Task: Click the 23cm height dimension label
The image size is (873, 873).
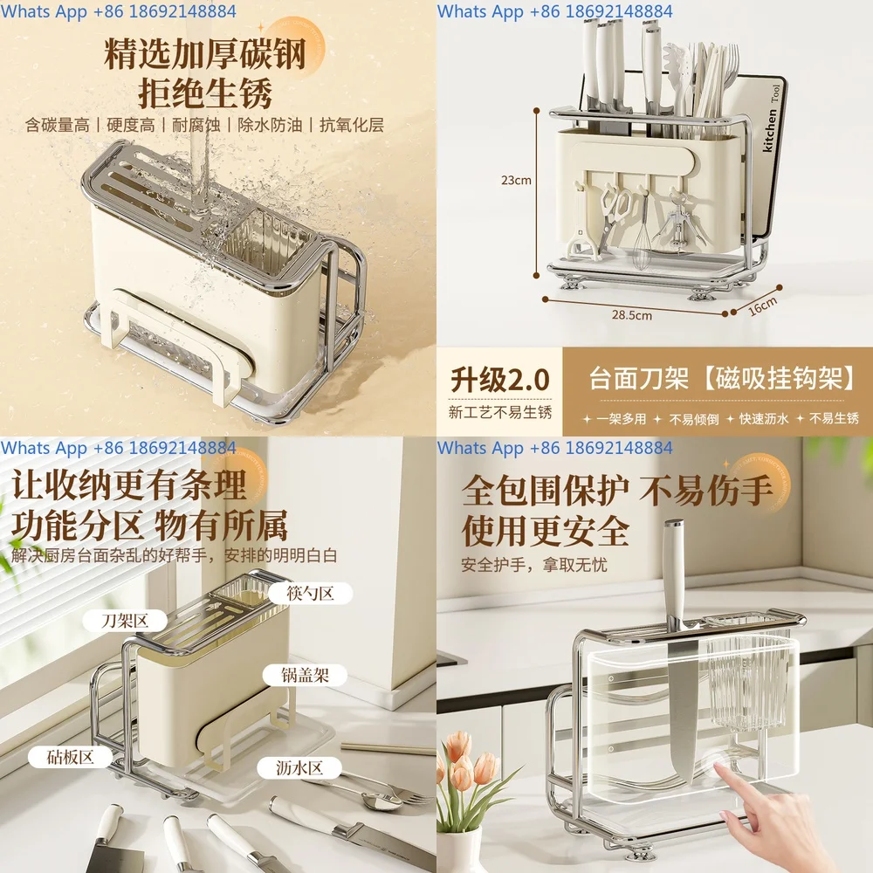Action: point(516,181)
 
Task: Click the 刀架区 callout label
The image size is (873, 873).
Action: point(124,622)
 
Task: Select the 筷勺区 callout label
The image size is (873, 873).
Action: point(310,594)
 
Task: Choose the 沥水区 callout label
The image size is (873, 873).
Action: point(301,767)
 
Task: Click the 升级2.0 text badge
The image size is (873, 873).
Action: point(499,380)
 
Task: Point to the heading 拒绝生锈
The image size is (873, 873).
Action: point(205,93)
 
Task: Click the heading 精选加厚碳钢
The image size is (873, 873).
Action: point(205,54)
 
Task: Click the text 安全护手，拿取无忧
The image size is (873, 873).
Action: point(534,565)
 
